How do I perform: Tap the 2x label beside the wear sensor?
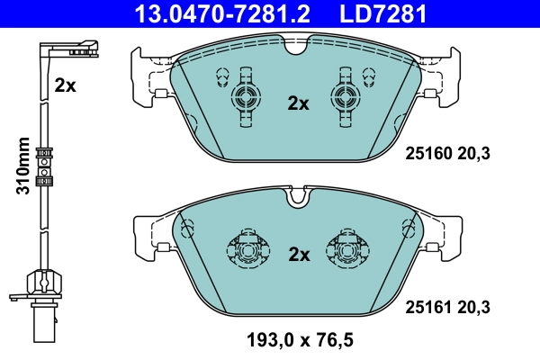click(x=65, y=85)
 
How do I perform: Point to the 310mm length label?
click(x=24, y=166)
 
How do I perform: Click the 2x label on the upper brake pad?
click(x=298, y=103)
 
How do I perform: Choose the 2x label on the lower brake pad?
click(x=298, y=255)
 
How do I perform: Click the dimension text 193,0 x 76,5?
click(x=298, y=340)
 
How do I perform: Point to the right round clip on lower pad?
click(x=347, y=249)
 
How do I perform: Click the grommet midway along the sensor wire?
click(x=41, y=166)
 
